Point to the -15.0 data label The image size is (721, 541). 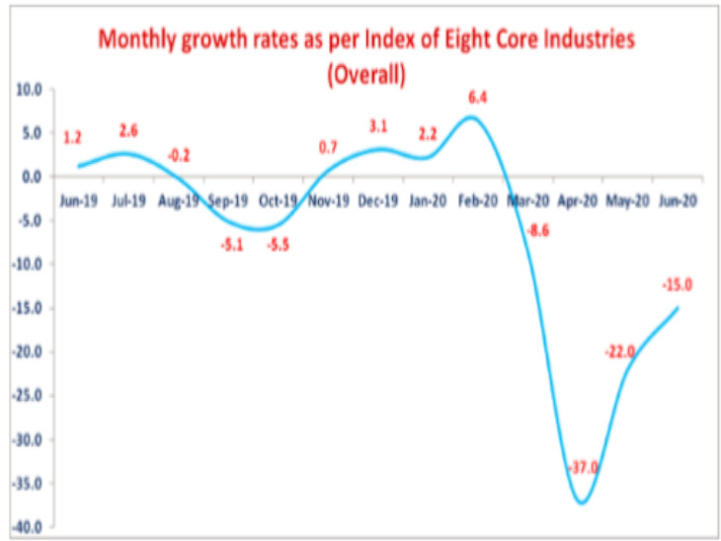676,286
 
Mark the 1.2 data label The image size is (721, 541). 72,139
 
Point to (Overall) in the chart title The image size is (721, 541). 360,74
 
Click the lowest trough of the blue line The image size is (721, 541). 582,502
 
